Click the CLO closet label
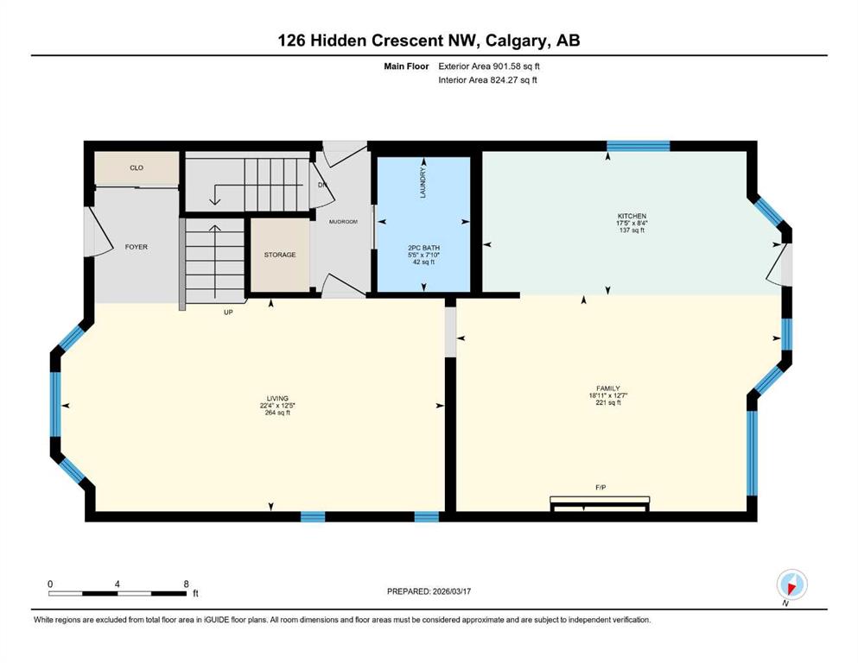tap(137, 167)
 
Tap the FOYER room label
tap(137, 247)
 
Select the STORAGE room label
tap(280, 255)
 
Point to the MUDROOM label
tap(343, 222)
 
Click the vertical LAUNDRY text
tap(423, 183)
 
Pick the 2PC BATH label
tap(423, 248)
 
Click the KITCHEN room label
tap(632, 217)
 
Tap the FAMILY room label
tap(608, 388)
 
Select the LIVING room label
tap(277, 399)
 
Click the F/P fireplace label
tap(601, 487)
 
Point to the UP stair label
tap(228, 313)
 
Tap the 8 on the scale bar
tap(186, 584)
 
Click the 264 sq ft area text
tap(277, 413)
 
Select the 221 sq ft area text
tap(608, 403)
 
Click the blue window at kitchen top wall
tap(638, 146)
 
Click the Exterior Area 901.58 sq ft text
tap(489, 66)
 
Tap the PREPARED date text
tap(429, 591)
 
